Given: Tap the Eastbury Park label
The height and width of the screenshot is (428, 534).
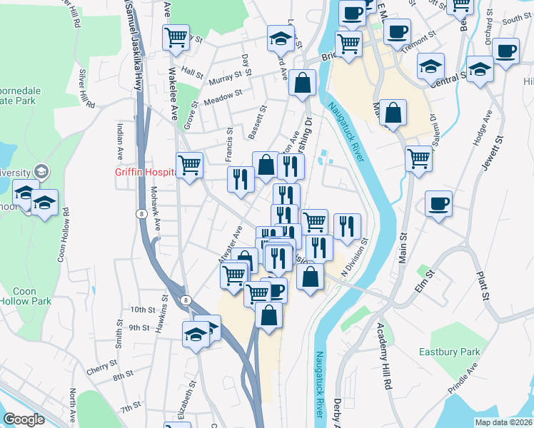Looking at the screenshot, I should (480, 352).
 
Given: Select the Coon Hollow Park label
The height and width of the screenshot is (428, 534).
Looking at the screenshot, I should (33, 296).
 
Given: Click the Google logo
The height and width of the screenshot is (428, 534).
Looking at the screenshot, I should (24, 419).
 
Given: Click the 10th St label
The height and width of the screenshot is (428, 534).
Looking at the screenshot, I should (143, 310).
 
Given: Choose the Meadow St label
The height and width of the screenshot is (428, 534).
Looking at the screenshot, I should (223, 98).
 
